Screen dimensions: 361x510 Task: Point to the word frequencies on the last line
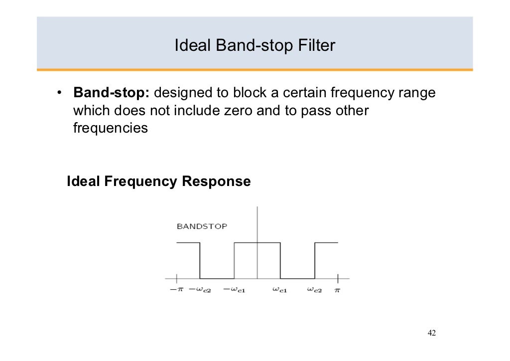[x=111, y=128]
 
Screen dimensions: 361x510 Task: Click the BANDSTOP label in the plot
[x=202, y=226]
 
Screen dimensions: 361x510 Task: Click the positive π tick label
[x=337, y=290]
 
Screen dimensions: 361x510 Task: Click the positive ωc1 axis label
[x=279, y=290]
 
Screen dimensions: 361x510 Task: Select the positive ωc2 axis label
[x=314, y=290]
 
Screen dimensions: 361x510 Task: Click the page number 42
[x=432, y=333]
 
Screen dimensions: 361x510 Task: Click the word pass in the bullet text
[x=313, y=111]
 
